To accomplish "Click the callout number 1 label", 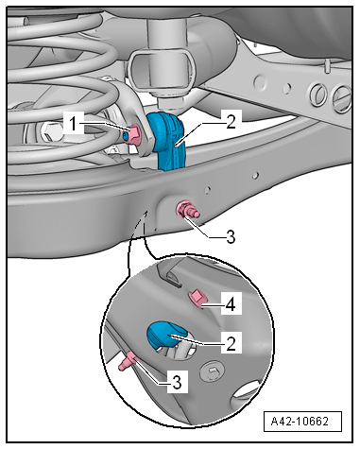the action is point(73,123).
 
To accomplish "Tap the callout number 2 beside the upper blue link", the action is point(231,122).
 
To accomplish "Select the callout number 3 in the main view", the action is point(231,236).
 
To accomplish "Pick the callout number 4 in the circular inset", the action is point(231,303).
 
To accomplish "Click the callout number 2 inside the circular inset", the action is point(231,343).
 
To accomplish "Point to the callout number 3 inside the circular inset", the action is point(178,382).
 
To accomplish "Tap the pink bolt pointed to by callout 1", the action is point(132,134).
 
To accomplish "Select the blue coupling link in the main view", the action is point(168,141).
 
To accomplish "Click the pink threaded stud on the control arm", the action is point(187,210).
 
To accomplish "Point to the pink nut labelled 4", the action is point(197,300).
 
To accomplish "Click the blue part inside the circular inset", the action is point(166,335).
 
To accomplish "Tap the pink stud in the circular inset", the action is point(129,361).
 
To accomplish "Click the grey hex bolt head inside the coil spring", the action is point(49,132).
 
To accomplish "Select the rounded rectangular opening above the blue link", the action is point(161,69).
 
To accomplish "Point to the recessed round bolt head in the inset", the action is point(213,371).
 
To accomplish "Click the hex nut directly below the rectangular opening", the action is point(169,102).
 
